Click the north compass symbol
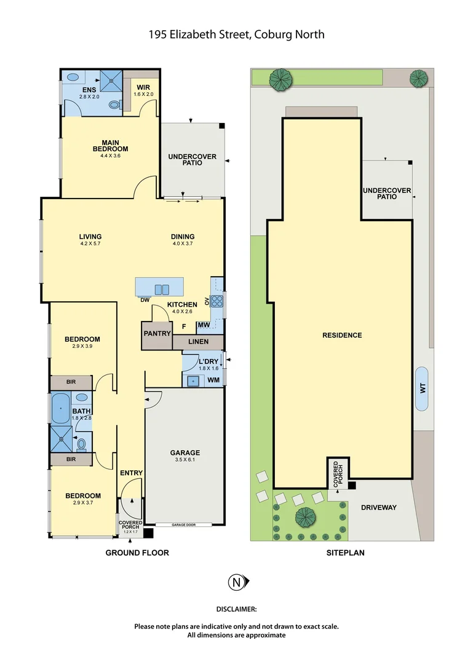point(236,582)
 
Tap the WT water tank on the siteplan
point(422,389)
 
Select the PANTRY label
point(156,333)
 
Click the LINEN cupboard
point(197,342)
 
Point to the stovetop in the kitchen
point(217,301)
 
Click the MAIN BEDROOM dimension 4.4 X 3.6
point(110,156)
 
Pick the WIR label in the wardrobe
point(143,86)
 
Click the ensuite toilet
point(115,105)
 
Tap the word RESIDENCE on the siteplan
point(342,335)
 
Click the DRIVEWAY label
point(378,507)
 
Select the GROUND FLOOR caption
point(137,553)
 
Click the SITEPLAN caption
point(345,553)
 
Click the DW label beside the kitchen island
point(146,300)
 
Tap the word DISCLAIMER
point(236,609)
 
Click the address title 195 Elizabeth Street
point(236,34)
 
